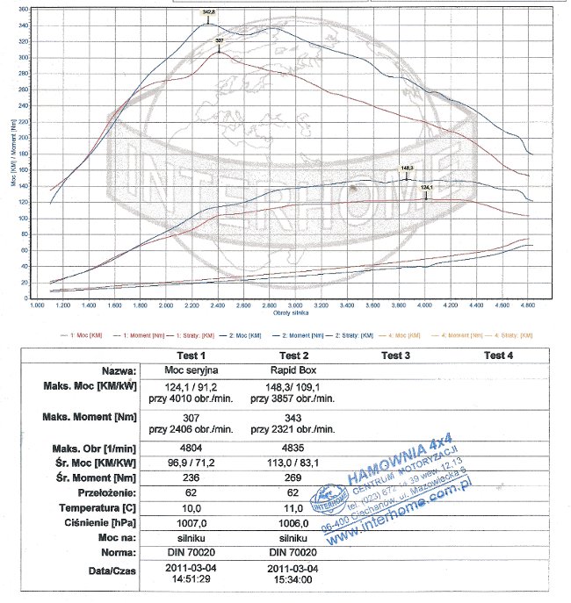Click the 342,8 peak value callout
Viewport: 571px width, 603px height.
[208, 12]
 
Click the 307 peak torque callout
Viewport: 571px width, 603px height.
[220, 41]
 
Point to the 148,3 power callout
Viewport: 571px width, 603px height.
[407, 168]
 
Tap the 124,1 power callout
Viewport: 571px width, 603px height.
[427, 188]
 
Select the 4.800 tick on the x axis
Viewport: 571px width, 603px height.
[528, 305]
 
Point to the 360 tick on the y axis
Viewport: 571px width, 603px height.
[23, 9]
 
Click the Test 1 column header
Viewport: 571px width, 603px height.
[191, 355]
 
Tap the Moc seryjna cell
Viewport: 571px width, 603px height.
[191, 371]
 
